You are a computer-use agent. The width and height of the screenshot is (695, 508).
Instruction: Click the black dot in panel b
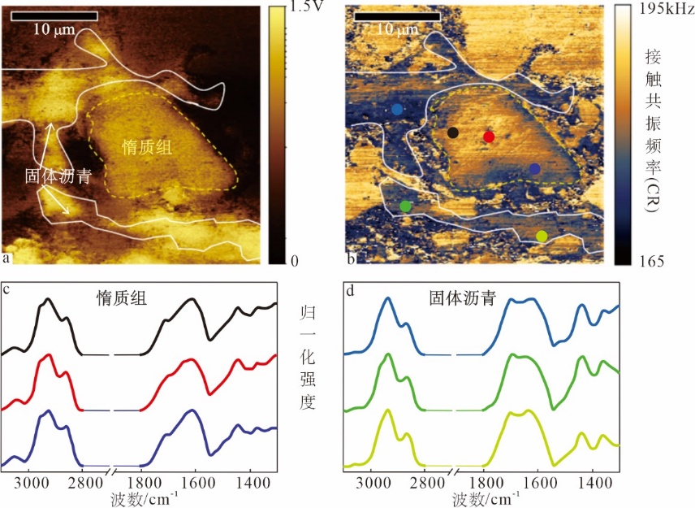pyautogui.click(x=453, y=132)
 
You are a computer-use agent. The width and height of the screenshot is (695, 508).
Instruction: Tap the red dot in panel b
pyautogui.click(x=489, y=137)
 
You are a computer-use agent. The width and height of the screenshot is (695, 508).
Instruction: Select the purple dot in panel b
pyautogui.click(x=534, y=168)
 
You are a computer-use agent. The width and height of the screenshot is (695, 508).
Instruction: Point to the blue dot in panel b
pyautogui.click(x=397, y=109)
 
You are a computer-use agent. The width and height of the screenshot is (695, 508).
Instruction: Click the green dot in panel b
pyautogui.click(x=406, y=206)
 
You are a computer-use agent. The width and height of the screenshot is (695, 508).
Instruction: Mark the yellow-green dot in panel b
pyautogui.click(x=542, y=236)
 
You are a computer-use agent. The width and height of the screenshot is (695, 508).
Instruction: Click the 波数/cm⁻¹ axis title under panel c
pyautogui.click(x=147, y=497)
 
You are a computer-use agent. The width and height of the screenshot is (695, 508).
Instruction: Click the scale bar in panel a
pyautogui.click(x=55, y=15)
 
